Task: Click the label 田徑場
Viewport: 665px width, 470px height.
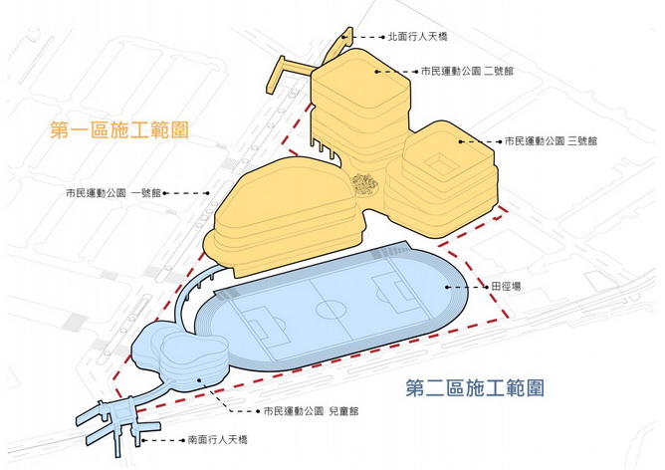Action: pos(505,286)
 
